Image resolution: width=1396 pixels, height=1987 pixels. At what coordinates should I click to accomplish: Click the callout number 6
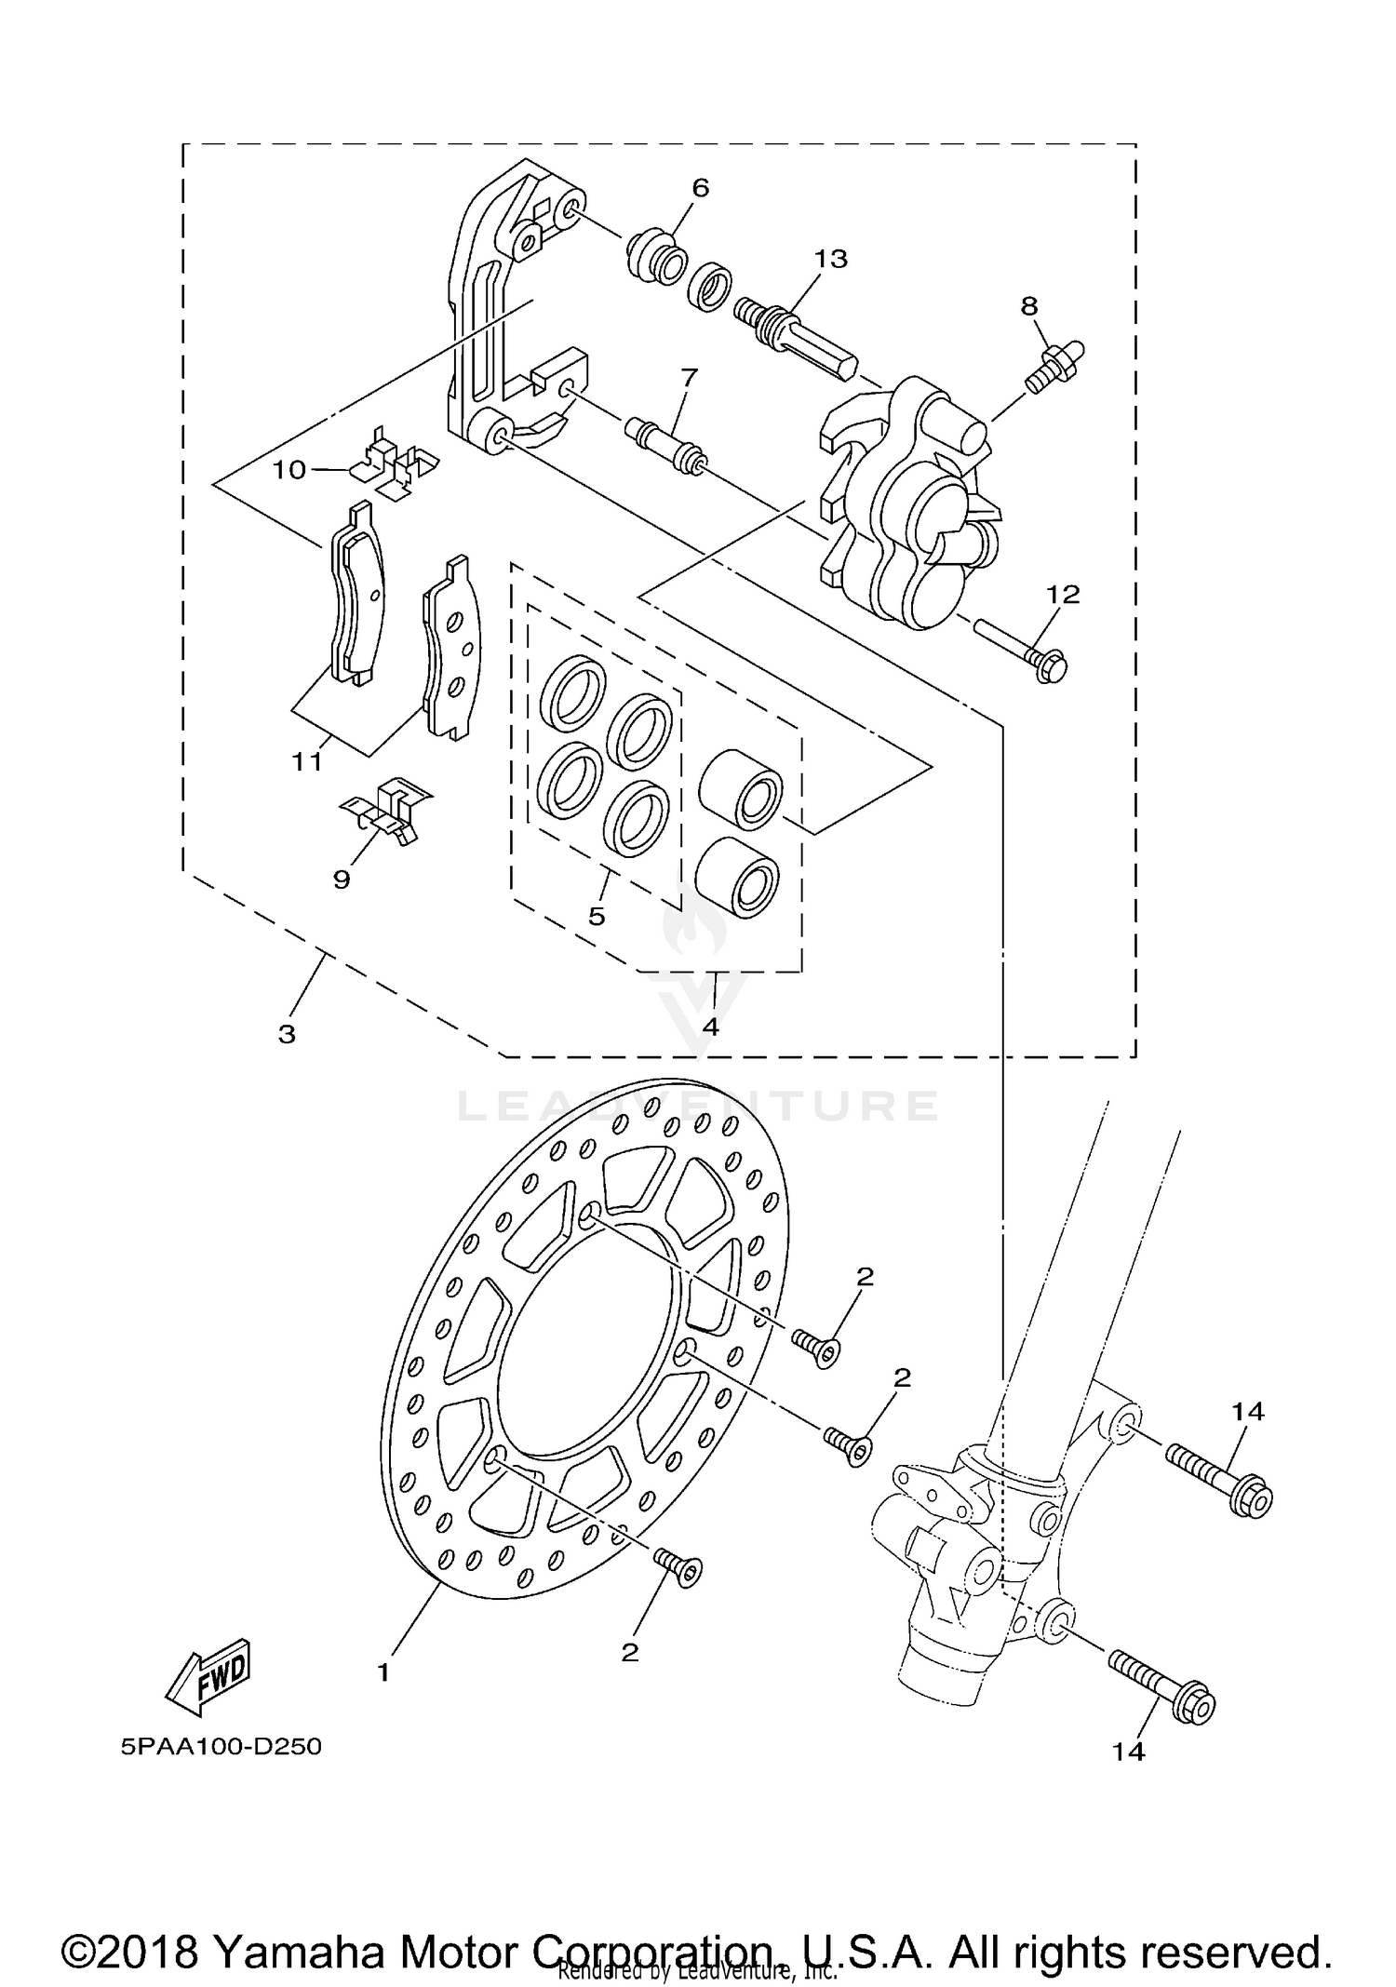(700, 189)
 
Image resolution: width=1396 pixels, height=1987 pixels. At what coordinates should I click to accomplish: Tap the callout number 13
(830, 259)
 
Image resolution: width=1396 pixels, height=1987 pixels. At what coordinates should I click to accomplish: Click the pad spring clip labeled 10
(396, 463)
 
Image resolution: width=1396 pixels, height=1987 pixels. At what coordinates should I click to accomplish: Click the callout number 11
(307, 762)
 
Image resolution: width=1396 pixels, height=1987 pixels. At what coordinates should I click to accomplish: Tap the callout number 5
(597, 916)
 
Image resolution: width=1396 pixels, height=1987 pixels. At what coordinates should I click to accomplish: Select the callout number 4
(711, 1027)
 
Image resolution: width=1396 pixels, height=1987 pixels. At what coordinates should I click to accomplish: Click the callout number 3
(287, 1034)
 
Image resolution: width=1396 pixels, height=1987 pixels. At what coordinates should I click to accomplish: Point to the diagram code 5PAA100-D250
(221, 1747)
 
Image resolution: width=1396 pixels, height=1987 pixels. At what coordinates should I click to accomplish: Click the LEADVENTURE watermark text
(699, 1107)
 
